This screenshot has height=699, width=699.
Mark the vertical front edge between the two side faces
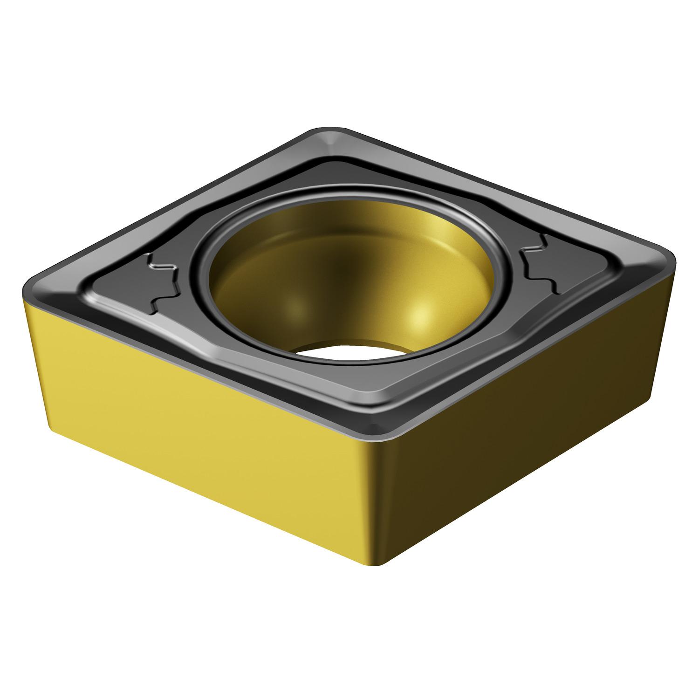pyautogui.click(x=380, y=503)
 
